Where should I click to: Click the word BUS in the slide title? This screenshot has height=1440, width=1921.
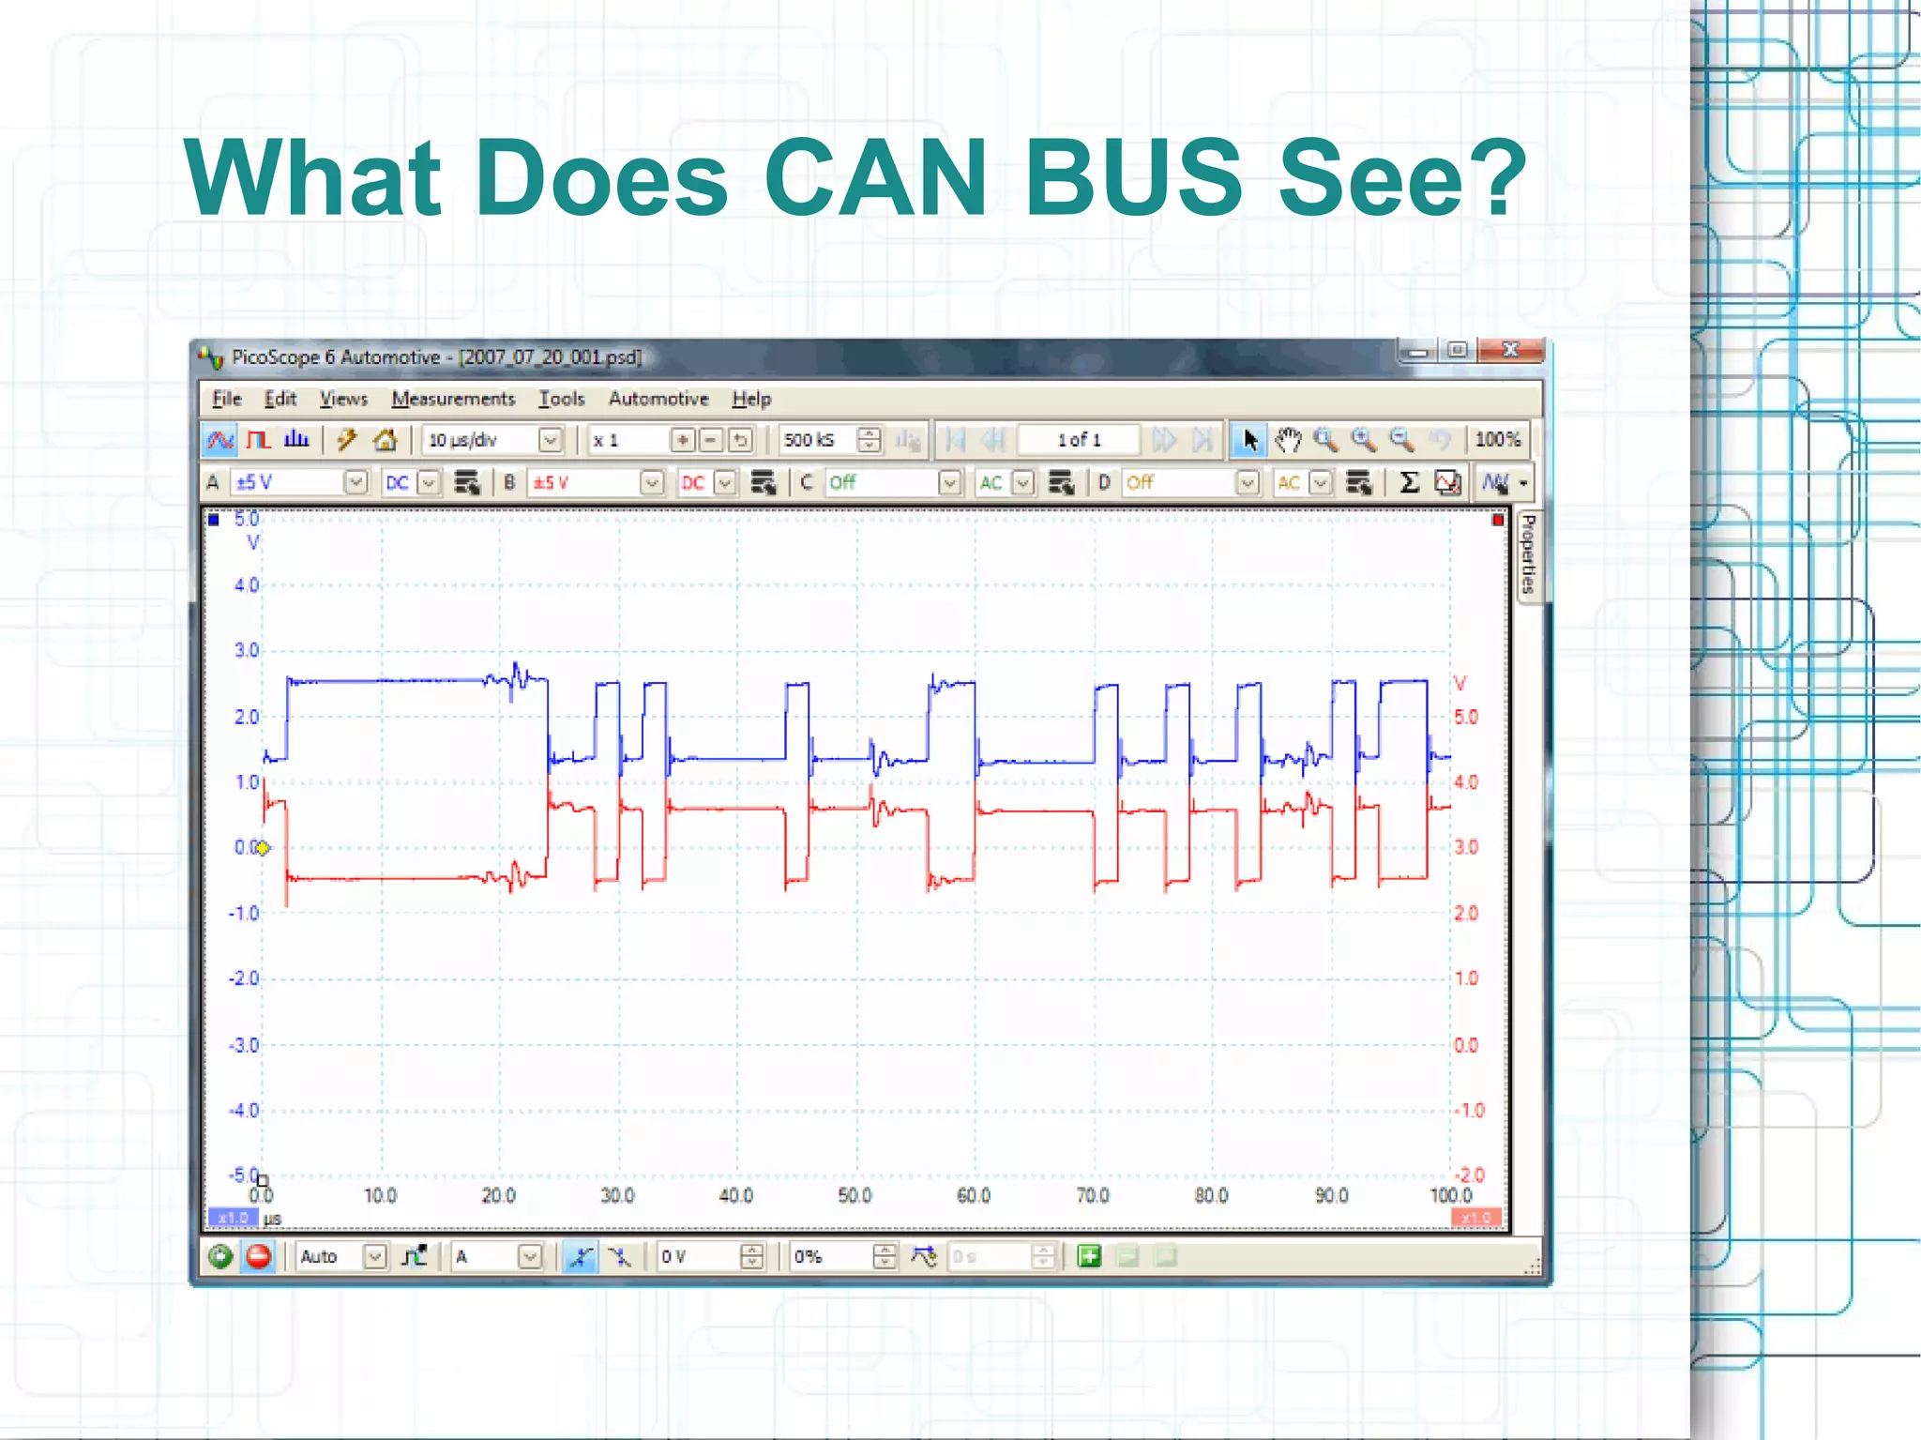(x=1134, y=177)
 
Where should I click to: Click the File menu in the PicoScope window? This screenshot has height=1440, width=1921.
(x=226, y=399)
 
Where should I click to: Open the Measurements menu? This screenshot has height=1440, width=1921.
(x=453, y=399)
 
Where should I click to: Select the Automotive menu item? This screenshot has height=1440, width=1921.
(x=658, y=399)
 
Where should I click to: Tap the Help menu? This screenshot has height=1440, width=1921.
(x=751, y=399)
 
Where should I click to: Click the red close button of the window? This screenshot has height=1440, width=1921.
(x=1509, y=350)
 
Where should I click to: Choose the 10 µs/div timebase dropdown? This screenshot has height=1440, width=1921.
(x=493, y=439)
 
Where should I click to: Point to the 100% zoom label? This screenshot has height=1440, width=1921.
(x=1497, y=439)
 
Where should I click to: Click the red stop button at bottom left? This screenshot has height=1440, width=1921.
(x=259, y=1256)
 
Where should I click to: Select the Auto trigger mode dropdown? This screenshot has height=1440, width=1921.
(x=341, y=1256)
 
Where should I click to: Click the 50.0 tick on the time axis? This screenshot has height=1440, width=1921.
(x=855, y=1195)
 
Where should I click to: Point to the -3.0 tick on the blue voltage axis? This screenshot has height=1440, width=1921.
(x=244, y=1044)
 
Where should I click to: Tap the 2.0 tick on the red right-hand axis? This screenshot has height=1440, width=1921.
(x=1465, y=913)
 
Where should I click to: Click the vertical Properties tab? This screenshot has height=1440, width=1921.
(x=1529, y=553)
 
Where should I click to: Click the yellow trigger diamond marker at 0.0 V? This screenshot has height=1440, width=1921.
(x=264, y=848)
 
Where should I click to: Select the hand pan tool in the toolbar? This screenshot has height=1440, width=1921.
(x=1288, y=439)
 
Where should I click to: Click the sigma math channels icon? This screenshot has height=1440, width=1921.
(x=1408, y=482)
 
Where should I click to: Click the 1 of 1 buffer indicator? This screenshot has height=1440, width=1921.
(x=1079, y=439)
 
